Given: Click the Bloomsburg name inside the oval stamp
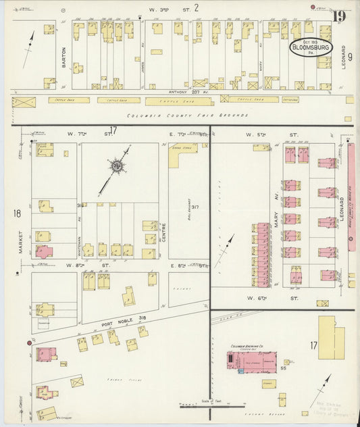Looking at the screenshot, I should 311,48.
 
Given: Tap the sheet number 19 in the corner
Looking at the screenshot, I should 338,16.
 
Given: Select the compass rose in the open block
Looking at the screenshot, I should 118,164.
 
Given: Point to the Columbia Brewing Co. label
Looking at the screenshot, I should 247,346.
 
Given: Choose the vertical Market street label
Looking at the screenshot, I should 22,240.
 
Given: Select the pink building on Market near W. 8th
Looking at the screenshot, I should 44,251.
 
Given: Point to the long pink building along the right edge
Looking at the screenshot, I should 351,196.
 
